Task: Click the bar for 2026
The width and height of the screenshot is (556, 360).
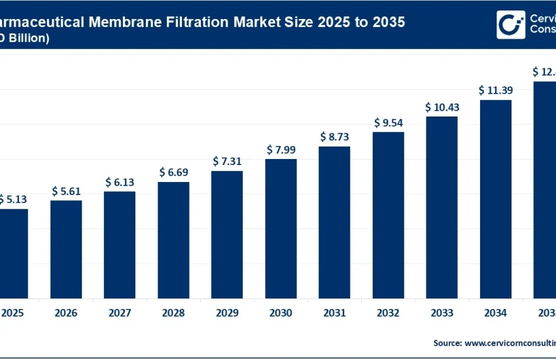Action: click(66, 249)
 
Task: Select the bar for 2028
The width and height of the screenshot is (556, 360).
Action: click(173, 240)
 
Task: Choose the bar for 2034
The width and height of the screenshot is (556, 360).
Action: click(495, 199)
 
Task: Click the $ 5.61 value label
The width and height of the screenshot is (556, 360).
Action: click(66, 192)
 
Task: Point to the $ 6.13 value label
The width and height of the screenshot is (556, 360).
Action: click(120, 183)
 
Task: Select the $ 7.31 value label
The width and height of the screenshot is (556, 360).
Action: click(227, 162)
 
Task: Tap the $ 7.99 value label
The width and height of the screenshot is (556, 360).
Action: click(281, 150)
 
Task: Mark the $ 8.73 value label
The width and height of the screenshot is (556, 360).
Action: click(334, 137)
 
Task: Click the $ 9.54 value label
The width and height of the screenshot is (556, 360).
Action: click(389, 122)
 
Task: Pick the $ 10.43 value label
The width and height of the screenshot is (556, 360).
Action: click(442, 107)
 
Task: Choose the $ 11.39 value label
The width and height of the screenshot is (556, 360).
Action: click(495, 90)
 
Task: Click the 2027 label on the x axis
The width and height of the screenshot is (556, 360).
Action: click(120, 314)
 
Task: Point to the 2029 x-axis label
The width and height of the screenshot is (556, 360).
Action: click(227, 314)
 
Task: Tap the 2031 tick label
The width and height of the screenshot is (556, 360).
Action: click(334, 314)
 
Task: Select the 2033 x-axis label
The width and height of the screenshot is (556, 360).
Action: click(442, 314)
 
